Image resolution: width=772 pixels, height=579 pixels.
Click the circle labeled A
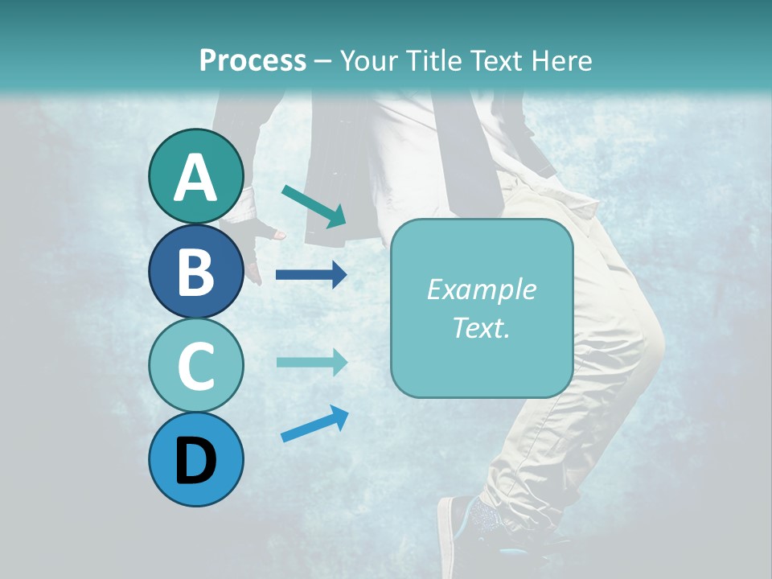[x=196, y=176]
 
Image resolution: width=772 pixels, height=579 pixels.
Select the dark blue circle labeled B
[x=196, y=271]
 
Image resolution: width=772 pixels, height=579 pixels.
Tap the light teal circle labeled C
[x=196, y=365]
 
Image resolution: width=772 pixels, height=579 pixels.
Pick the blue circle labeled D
[x=196, y=459]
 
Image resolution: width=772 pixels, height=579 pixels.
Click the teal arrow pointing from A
[x=314, y=205]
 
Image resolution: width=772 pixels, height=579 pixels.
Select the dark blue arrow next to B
[x=311, y=275]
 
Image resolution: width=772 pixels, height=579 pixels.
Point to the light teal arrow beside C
[x=311, y=362]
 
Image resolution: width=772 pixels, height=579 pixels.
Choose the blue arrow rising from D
[x=314, y=424]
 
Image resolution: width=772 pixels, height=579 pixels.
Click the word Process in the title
[x=253, y=60]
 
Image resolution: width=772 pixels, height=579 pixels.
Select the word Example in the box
[x=481, y=289]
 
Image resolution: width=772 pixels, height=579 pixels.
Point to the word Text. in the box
[x=481, y=327]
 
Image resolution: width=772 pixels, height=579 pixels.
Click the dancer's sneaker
[x=474, y=527]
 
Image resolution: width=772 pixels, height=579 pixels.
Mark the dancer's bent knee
[x=647, y=338]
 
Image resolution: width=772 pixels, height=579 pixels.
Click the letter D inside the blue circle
[x=196, y=462]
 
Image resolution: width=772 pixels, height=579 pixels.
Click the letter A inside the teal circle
[x=196, y=178]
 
